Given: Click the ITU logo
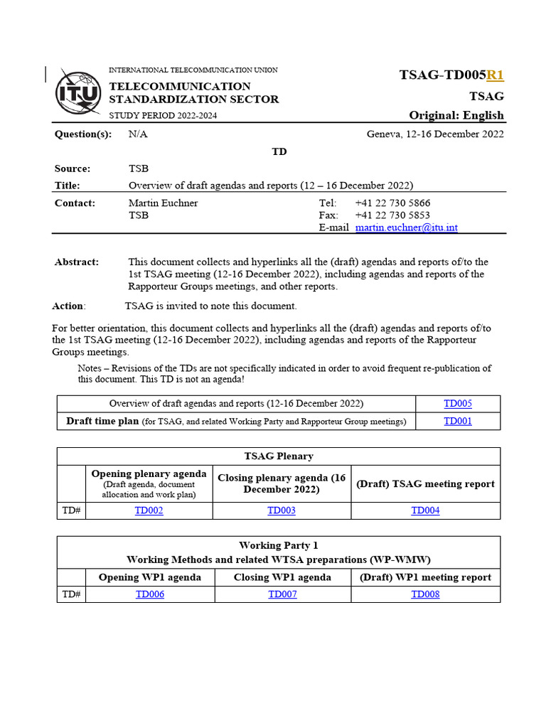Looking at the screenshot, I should [x=78, y=92].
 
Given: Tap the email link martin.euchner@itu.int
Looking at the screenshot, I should [x=407, y=227].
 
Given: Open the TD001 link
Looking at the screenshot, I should [x=458, y=421].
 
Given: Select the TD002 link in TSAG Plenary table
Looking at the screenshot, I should [x=149, y=510].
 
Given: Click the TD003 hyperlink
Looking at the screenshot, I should [x=282, y=510].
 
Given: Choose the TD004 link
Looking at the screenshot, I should [x=425, y=510].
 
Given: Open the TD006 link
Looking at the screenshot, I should [x=149, y=594].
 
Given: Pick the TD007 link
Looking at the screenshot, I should [x=282, y=594].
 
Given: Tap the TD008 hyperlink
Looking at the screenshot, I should [x=425, y=594].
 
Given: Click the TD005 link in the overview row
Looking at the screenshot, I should [x=458, y=404].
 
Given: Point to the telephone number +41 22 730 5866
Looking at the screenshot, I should [x=392, y=203].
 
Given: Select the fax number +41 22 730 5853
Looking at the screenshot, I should [x=392, y=215].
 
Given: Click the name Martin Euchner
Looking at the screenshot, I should [x=163, y=203].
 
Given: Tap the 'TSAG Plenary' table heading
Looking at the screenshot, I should [x=278, y=456].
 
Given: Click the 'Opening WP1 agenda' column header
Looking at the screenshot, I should [x=149, y=577].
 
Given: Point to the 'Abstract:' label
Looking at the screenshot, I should [x=77, y=262].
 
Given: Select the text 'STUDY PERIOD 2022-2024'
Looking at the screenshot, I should [x=163, y=115].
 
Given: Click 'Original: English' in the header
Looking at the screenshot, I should [x=456, y=115].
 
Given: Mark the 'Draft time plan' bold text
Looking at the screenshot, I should [x=102, y=421].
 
